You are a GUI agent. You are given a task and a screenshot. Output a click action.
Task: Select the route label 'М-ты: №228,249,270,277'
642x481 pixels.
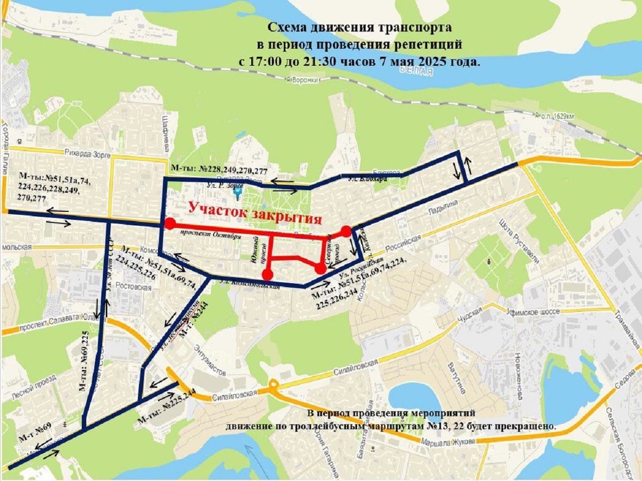[x=219, y=170]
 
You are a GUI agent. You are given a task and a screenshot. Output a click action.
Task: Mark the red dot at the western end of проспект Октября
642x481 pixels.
[x=170, y=224]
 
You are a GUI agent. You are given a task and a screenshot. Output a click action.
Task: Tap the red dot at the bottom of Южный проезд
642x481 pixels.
[x=267, y=275]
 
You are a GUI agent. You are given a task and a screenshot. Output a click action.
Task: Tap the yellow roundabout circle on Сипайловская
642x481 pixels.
[x=273, y=384]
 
